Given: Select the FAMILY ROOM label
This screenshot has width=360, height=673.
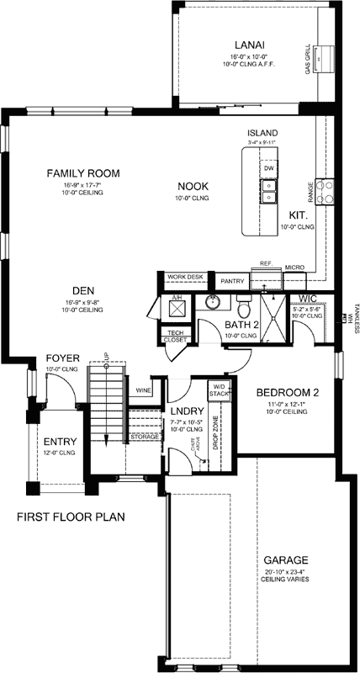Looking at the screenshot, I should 82,173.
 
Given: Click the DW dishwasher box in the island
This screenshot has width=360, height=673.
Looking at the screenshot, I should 269,168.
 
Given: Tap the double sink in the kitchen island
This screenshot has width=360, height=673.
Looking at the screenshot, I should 268,197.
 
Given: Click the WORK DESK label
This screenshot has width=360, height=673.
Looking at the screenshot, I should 185,276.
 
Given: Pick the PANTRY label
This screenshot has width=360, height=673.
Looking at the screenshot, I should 231,280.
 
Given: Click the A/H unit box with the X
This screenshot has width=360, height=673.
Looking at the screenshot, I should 177,308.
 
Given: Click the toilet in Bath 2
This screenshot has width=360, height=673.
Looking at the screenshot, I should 244,299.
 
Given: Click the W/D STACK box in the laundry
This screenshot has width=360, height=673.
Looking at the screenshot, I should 219,389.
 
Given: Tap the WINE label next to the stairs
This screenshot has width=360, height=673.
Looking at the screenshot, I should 142,390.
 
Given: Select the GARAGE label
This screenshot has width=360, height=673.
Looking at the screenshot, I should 284,559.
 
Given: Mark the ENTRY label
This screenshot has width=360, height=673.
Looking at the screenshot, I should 61,442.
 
